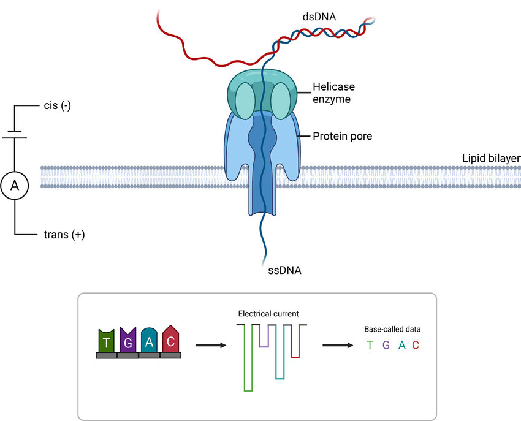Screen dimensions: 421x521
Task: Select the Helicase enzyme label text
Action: click(x=333, y=93)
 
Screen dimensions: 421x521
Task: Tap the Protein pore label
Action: click(x=342, y=136)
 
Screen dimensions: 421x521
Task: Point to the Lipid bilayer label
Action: click(x=491, y=159)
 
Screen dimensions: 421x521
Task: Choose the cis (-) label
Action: click(x=58, y=105)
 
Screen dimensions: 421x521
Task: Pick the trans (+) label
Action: click(x=64, y=234)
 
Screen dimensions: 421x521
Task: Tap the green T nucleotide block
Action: click(x=107, y=341)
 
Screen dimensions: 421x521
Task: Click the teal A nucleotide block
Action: click(x=149, y=341)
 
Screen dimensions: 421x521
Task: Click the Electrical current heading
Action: click(x=268, y=314)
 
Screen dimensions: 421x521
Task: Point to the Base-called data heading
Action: click(x=392, y=329)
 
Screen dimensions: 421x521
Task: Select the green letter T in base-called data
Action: click(x=370, y=346)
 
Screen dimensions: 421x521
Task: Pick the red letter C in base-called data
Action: click(x=416, y=346)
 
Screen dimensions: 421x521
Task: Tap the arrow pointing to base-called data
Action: click(x=338, y=346)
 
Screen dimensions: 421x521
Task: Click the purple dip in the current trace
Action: click(x=264, y=336)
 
